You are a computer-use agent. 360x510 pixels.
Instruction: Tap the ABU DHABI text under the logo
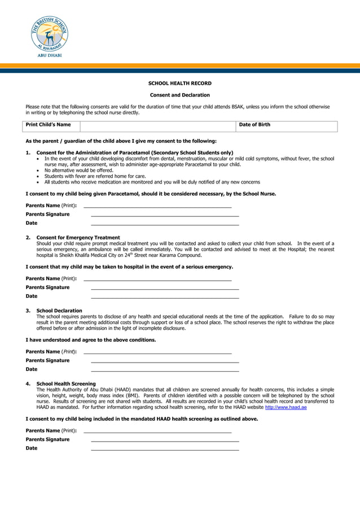49,55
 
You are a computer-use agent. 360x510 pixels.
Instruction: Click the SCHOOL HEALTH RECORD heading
179,84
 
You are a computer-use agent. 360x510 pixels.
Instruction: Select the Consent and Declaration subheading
179,95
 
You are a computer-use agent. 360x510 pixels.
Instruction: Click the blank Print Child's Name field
157,125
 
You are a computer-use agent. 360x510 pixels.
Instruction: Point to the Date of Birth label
254,125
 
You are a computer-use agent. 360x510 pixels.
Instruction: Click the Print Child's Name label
49,125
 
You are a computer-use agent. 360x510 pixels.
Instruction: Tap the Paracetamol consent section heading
134,152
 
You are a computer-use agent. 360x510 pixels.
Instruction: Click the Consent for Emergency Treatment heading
78,238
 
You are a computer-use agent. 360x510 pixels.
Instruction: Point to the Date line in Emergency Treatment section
165,297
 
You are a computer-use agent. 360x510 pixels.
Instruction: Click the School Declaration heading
59,311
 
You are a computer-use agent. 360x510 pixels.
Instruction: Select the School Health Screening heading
66,383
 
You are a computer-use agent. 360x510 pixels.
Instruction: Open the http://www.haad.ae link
286,407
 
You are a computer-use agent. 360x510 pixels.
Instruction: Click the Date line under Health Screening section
165,450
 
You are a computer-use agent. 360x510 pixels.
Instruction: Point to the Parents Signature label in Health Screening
48,439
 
